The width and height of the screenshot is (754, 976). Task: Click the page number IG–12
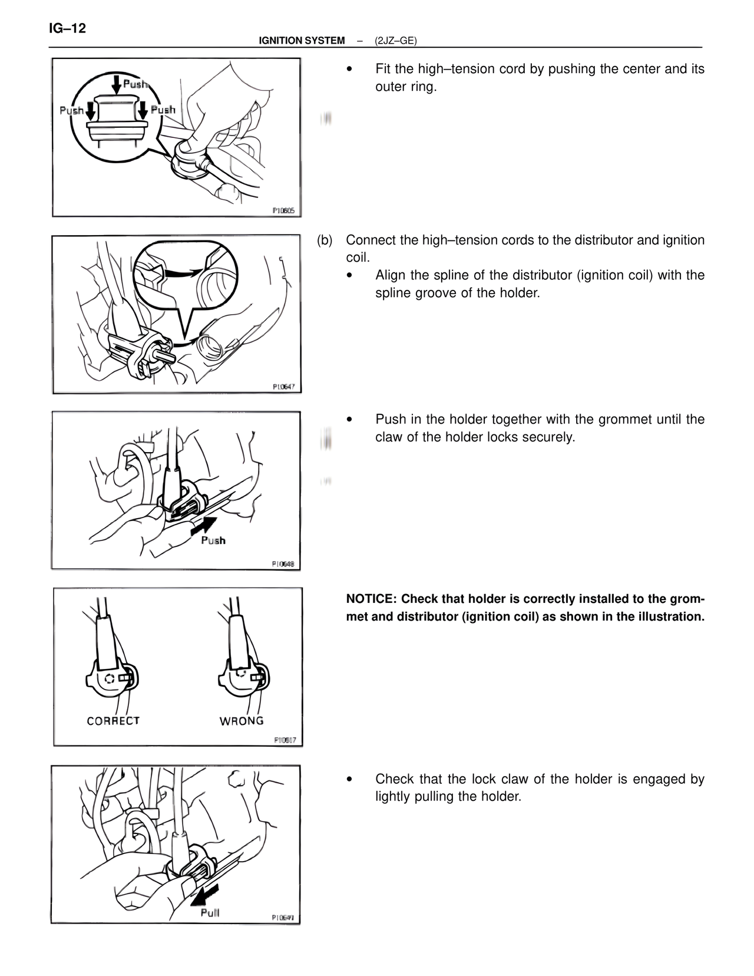[x=67, y=28]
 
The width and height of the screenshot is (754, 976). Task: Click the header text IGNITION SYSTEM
[x=302, y=41]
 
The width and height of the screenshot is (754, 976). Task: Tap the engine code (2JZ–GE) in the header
[x=395, y=41]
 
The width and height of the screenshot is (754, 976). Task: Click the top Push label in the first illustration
[x=135, y=84]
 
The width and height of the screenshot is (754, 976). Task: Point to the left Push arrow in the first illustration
[x=90, y=110]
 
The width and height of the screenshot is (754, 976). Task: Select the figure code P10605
[x=283, y=210]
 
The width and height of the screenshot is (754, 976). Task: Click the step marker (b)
[x=325, y=240]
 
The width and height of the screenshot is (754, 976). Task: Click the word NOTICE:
[x=371, y=599]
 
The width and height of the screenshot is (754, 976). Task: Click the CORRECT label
[x=113, y=721]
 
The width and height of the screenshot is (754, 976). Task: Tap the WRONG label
[x=242, y=721]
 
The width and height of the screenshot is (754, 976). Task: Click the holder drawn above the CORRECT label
[x=112, y=678]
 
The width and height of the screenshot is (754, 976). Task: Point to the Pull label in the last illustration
[x=210, y=912]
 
